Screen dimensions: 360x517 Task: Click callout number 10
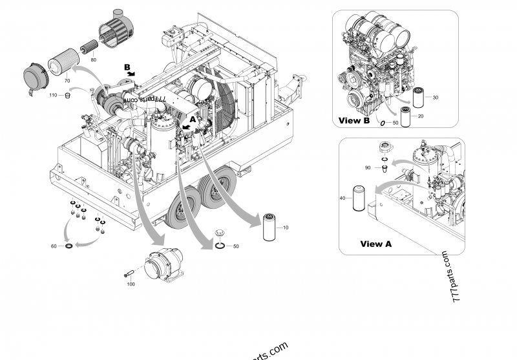tap(286, 229)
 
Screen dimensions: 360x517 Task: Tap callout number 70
tap(67, 81)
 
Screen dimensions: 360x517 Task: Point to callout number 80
tap(94, 59)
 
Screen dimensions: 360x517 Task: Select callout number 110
tap(54, 95)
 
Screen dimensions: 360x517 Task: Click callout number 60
tap(54, 246)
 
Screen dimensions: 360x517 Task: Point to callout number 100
tap(131, 284)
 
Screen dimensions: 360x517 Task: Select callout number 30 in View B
tap(435, 98)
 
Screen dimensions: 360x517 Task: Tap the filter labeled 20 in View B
tap(405, 116)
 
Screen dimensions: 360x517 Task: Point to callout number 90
tap(368, 167)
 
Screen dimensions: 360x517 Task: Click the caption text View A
tap(375, 244)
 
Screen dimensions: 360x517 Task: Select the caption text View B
tap(354, 121)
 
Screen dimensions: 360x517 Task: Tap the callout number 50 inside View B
tap(396, 123)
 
